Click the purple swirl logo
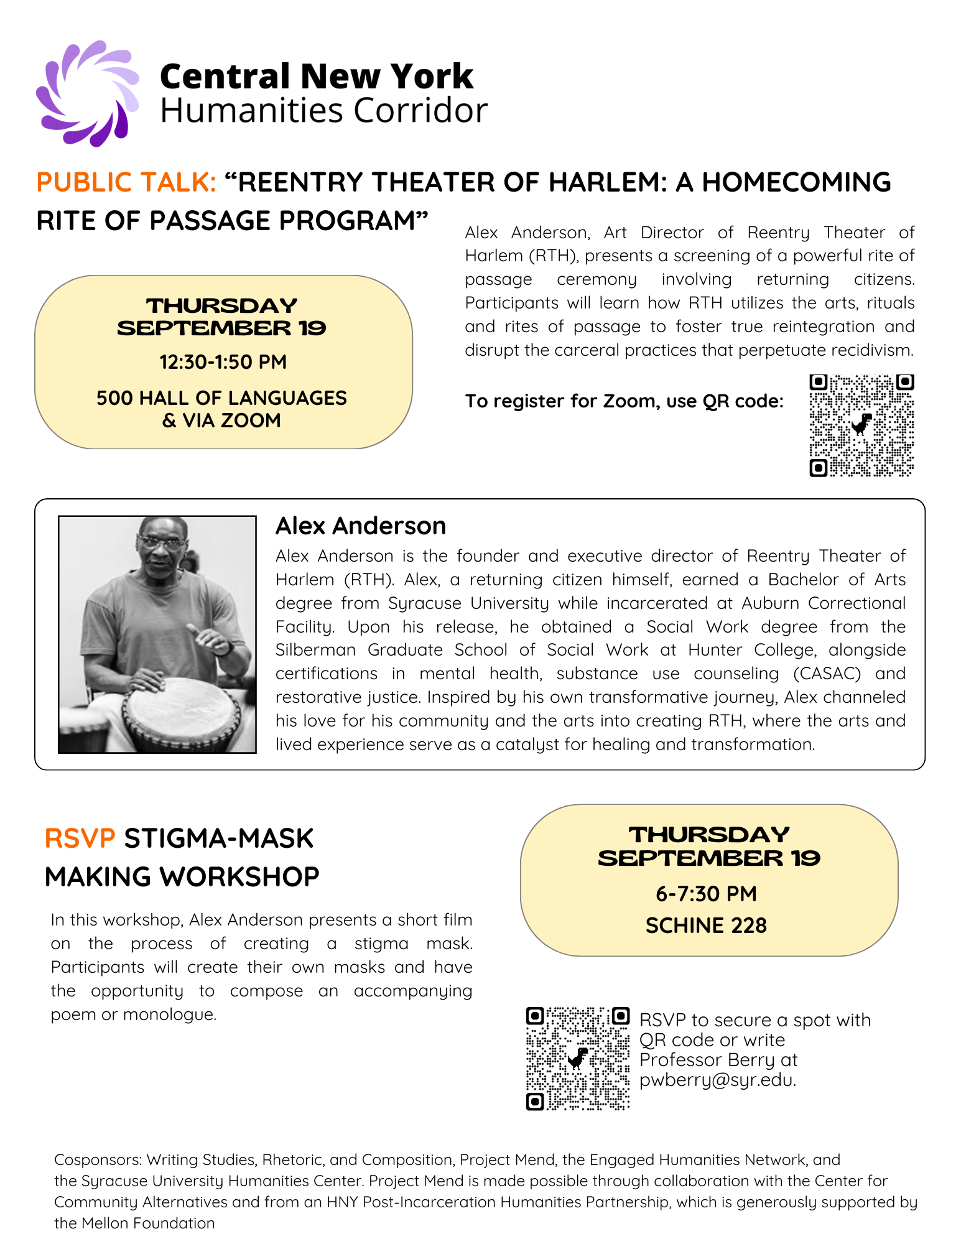87,93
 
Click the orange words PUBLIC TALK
126,182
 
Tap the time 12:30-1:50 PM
223,362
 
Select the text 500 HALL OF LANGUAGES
221,398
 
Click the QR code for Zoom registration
861,425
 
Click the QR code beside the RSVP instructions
578,1059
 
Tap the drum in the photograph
180,715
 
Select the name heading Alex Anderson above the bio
361,526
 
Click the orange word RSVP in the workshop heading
80,838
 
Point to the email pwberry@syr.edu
717,1080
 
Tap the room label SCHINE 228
706,926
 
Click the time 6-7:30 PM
706,894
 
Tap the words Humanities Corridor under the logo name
323,111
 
